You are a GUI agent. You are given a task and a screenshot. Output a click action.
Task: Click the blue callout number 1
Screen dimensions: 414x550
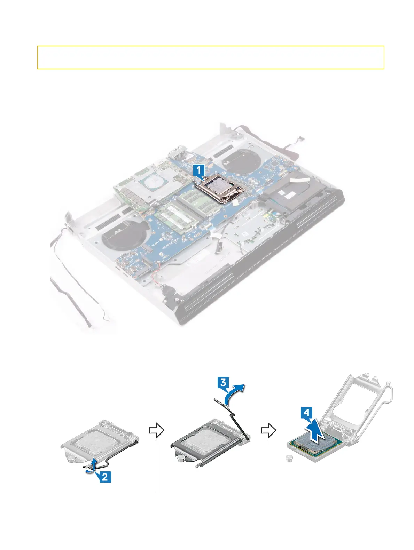click(x=199, y=170)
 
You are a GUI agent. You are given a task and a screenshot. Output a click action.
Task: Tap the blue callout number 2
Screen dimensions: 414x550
click(x=105, y=477)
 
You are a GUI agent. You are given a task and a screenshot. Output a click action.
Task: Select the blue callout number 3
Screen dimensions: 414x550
click(x=223, y=383)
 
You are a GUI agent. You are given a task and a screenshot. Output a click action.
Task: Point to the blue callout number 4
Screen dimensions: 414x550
click(x=306, y=413)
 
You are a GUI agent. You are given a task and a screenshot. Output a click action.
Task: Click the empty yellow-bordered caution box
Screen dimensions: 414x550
click(x=210, y=57)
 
